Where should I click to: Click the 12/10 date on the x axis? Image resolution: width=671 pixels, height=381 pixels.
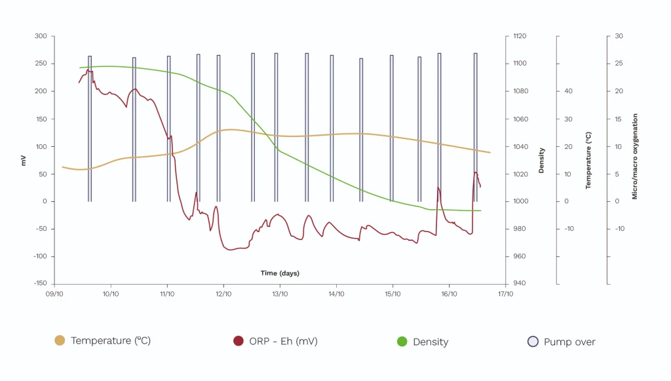[x=223, y=294]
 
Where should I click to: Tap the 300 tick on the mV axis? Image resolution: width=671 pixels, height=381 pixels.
[x=41, y=36]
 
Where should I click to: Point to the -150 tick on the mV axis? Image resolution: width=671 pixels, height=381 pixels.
[x=39, y=284]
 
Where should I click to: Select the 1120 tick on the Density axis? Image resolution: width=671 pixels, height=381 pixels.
[x=519, y=36]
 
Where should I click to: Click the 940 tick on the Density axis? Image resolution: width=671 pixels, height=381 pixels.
[x=518, y=284]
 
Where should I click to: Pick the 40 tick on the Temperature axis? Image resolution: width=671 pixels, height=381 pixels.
[x=569, y=91]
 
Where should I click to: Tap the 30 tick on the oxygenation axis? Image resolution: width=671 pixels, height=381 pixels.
[x=619, y=36]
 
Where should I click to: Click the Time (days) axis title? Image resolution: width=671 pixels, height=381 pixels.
[x=280, y=273]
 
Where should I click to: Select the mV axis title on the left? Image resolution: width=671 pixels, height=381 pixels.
[x=24, y=160]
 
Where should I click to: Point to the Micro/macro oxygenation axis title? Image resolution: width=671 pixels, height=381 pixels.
[x=634, y=156]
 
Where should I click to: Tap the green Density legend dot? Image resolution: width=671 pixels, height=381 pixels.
[x=402, y=341]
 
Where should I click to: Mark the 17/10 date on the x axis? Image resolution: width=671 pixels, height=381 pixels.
[x=505, y=294]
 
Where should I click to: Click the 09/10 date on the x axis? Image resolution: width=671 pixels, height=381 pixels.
[x=54, y=294]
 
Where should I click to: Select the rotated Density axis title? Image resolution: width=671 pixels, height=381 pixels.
[x=541, y=160]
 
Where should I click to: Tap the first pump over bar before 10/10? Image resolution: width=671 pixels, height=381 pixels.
[x=90, y=128]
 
